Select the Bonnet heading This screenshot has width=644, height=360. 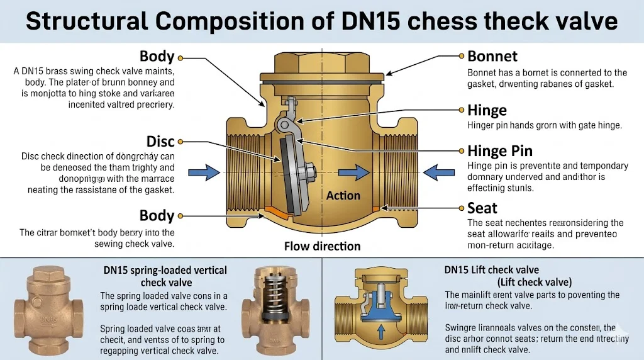[x=492, y=57]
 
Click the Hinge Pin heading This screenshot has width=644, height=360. [x=500, y=151]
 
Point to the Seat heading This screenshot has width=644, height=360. [x=482, y=208]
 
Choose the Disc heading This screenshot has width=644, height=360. [x=160, y=142]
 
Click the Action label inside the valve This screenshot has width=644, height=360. [x=343, y=196]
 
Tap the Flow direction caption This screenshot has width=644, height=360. [x=323, y=246]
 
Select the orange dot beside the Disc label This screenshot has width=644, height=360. [x=180, y=142]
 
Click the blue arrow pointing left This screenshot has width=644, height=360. [x=438, y=171]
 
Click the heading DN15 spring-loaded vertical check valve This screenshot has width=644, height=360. [x=165, y=276]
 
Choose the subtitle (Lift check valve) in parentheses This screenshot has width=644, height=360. [x=534, y=281]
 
